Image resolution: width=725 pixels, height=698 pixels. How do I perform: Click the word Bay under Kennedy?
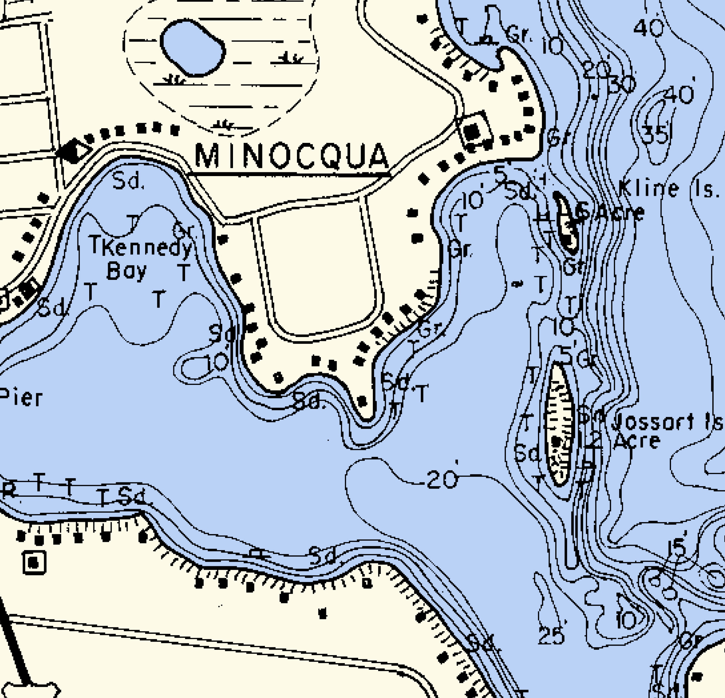click(127, 272)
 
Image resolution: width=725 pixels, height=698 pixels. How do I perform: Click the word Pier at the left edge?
click(21, 398)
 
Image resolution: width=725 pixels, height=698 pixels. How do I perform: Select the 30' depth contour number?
click(621, 85)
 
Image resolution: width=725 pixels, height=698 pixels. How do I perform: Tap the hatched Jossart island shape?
click(560, 425)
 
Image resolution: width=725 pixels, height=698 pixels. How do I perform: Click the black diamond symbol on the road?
click(73, 151)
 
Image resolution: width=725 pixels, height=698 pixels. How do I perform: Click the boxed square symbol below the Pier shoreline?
click(34, 563)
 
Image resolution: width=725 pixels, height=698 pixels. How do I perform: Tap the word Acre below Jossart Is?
click(636, 441)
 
